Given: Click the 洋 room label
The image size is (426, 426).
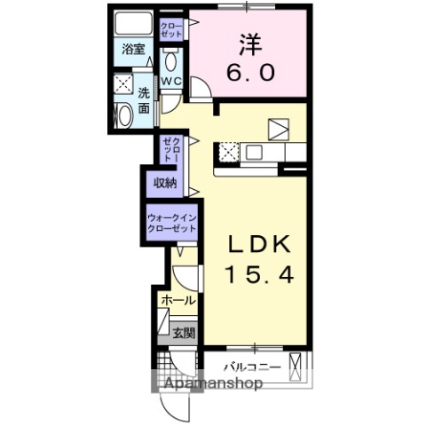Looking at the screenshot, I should [x=248, y=43].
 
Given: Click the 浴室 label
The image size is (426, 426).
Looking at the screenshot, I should [x=133, y=51].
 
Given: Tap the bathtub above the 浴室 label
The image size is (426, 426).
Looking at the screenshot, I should [x=133, y=25].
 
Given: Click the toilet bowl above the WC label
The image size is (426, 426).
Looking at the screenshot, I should [x=171, y=59].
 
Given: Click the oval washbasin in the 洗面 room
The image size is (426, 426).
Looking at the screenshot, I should [x=123, y=114].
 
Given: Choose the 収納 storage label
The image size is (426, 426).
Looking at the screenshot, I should [x=165, y=183].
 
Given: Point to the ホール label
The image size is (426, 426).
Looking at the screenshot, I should [x=178, y=302].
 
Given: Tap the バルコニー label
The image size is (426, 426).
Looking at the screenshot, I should [x=251, y=367].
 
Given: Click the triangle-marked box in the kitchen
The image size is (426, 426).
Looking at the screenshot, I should [x=279, y=130].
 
